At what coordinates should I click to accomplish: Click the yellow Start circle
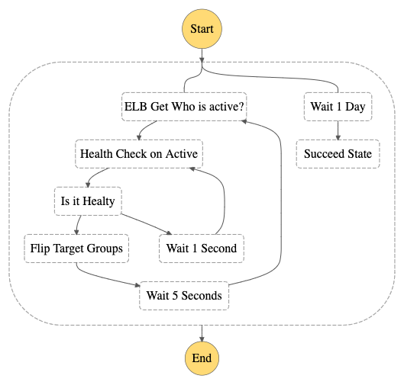point(202,29)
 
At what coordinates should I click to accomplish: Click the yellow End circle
point(202,358)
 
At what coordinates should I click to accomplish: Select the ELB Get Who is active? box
point(184,107)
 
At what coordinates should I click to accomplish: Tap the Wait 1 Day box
point(338,107)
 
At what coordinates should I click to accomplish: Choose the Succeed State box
point(338,154)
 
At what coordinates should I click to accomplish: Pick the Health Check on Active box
point(139,154)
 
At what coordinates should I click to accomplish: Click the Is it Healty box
point(88,201)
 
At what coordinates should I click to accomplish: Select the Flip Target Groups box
point(76,249)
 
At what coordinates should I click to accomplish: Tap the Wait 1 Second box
point(202,249)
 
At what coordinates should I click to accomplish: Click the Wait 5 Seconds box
point(184,296)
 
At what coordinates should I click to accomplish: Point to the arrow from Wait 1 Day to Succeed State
point(338,130)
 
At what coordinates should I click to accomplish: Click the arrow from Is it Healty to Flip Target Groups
point(78,224)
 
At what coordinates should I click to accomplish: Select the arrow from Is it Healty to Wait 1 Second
point(147,223)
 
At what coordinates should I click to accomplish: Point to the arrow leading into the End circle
point(202,333)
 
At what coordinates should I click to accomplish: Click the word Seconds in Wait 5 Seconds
point(202,296)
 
